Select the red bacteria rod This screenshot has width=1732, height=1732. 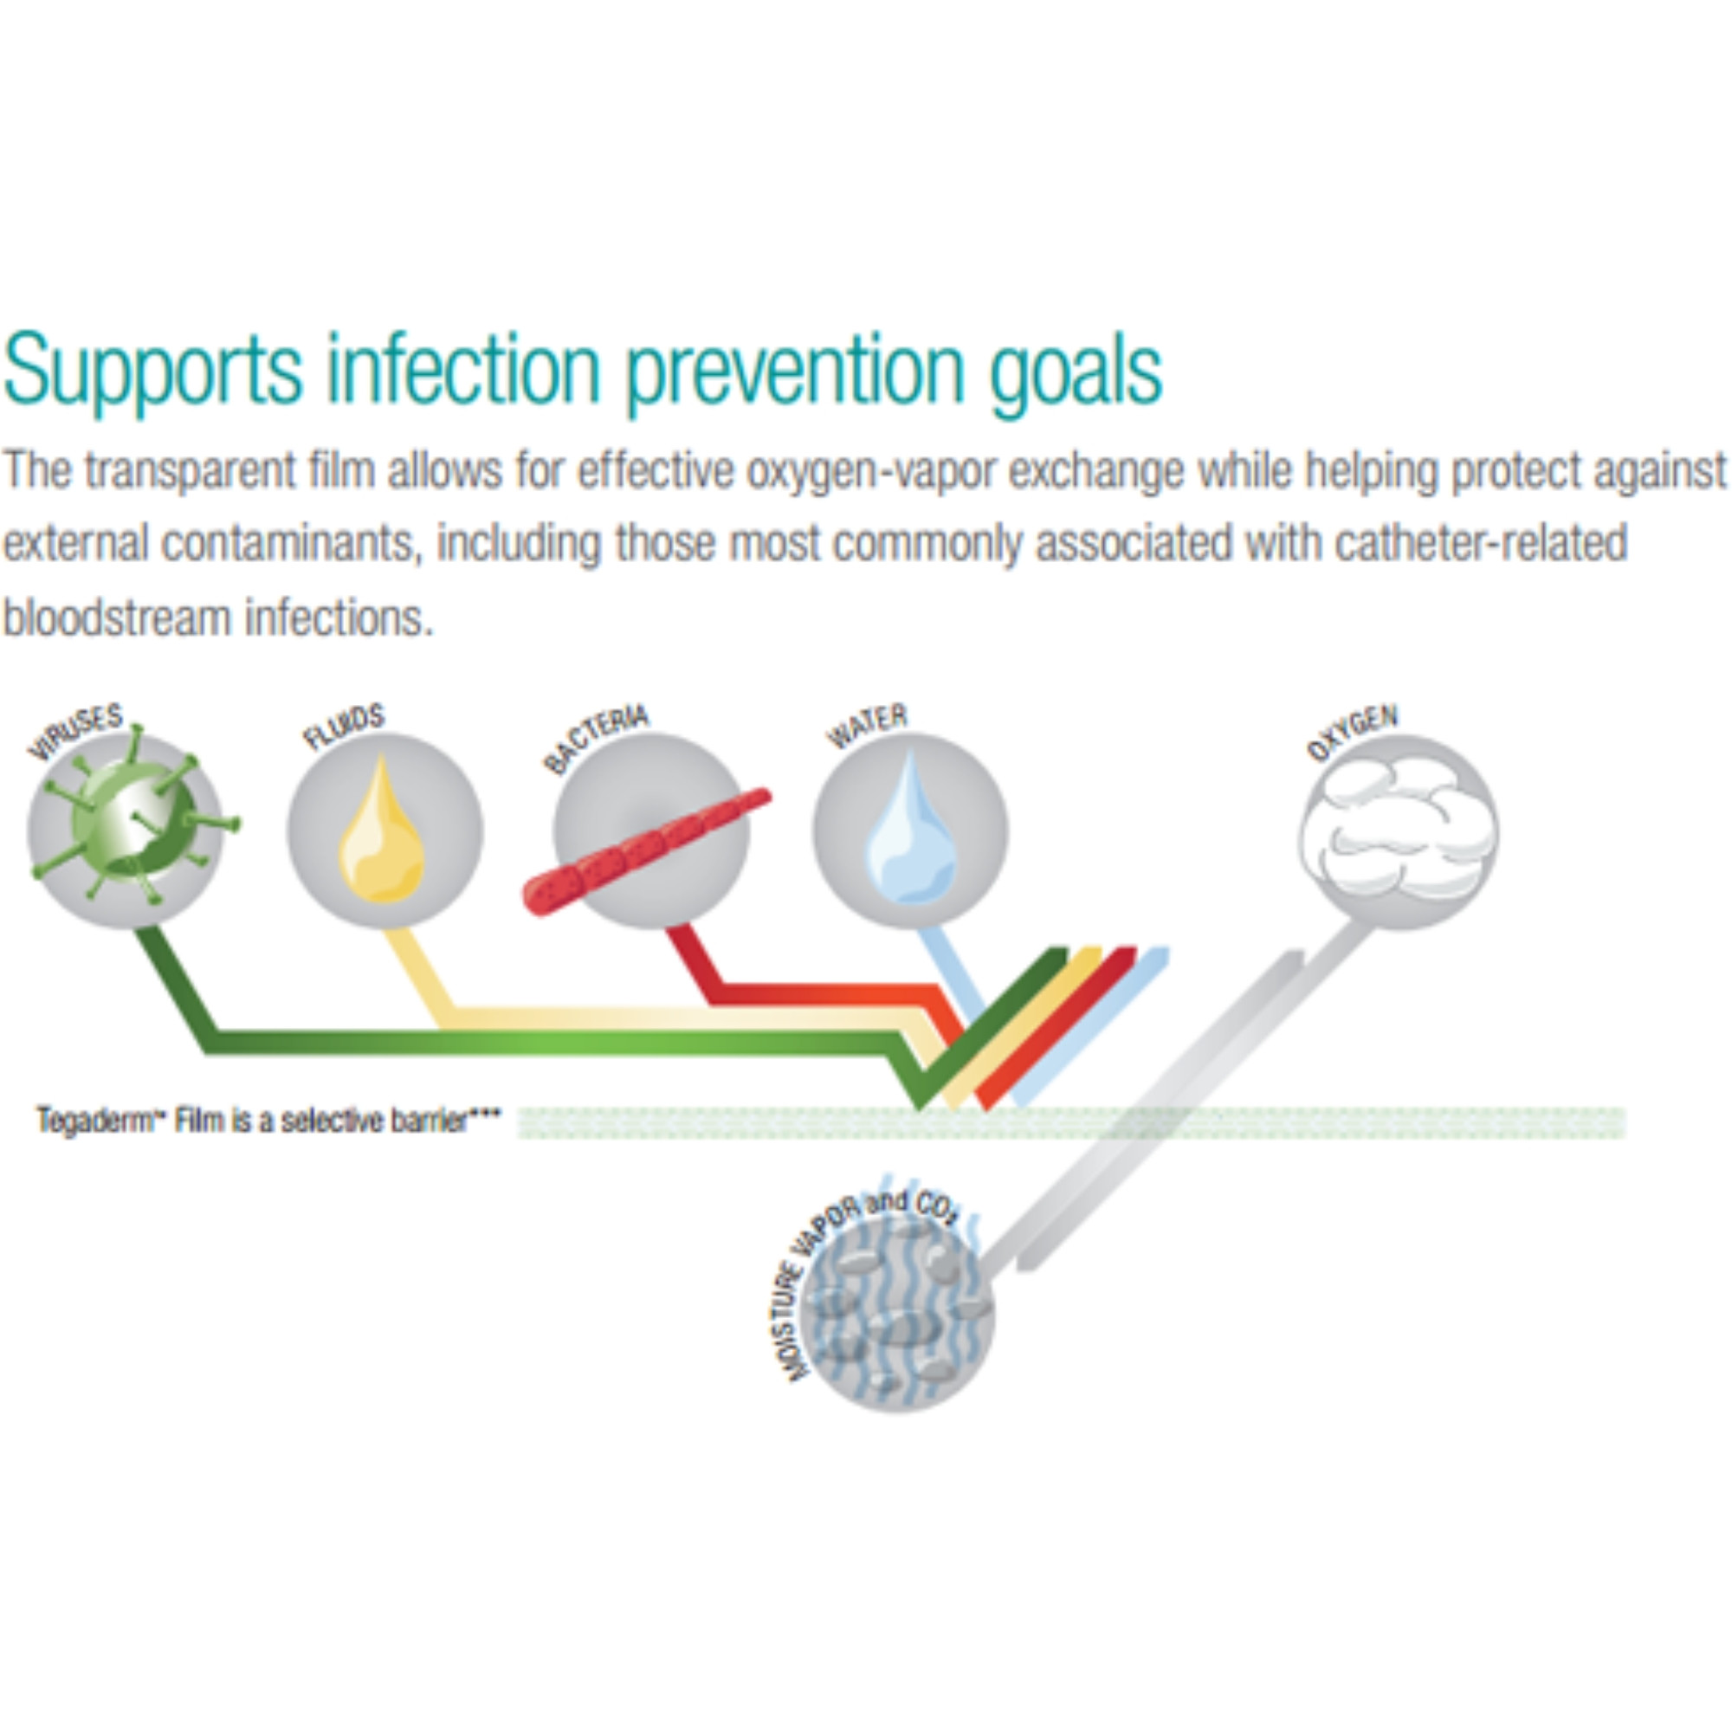[x=645, y=850]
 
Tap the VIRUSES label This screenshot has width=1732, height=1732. [x=75, y=732]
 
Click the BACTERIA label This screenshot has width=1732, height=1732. [x=595, y=739]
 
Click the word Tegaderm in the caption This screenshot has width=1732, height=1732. [x=94, y=1121]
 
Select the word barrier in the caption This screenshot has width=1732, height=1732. [x=436, y=1121]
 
